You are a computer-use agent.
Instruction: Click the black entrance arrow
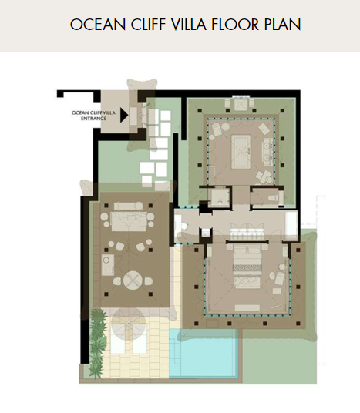[124, 115]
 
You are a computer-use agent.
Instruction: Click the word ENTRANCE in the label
[93, 119]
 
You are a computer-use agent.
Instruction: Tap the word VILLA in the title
[188, 25]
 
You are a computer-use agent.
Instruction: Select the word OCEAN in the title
[97, 25]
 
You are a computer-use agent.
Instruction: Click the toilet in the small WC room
[272, 197]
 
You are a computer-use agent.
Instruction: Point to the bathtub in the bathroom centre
[241, 152]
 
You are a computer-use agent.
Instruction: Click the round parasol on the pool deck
[128, 323]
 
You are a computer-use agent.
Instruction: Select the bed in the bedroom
[247, 266]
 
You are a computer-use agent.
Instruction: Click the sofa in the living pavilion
[129, 221]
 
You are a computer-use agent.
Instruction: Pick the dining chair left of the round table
[116, 281]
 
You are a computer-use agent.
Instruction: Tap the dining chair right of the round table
[148, 281]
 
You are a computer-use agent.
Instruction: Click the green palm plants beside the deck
[98, 342]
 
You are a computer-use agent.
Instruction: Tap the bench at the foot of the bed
[247, 307]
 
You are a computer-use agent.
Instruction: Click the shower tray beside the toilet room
[219, 196]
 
